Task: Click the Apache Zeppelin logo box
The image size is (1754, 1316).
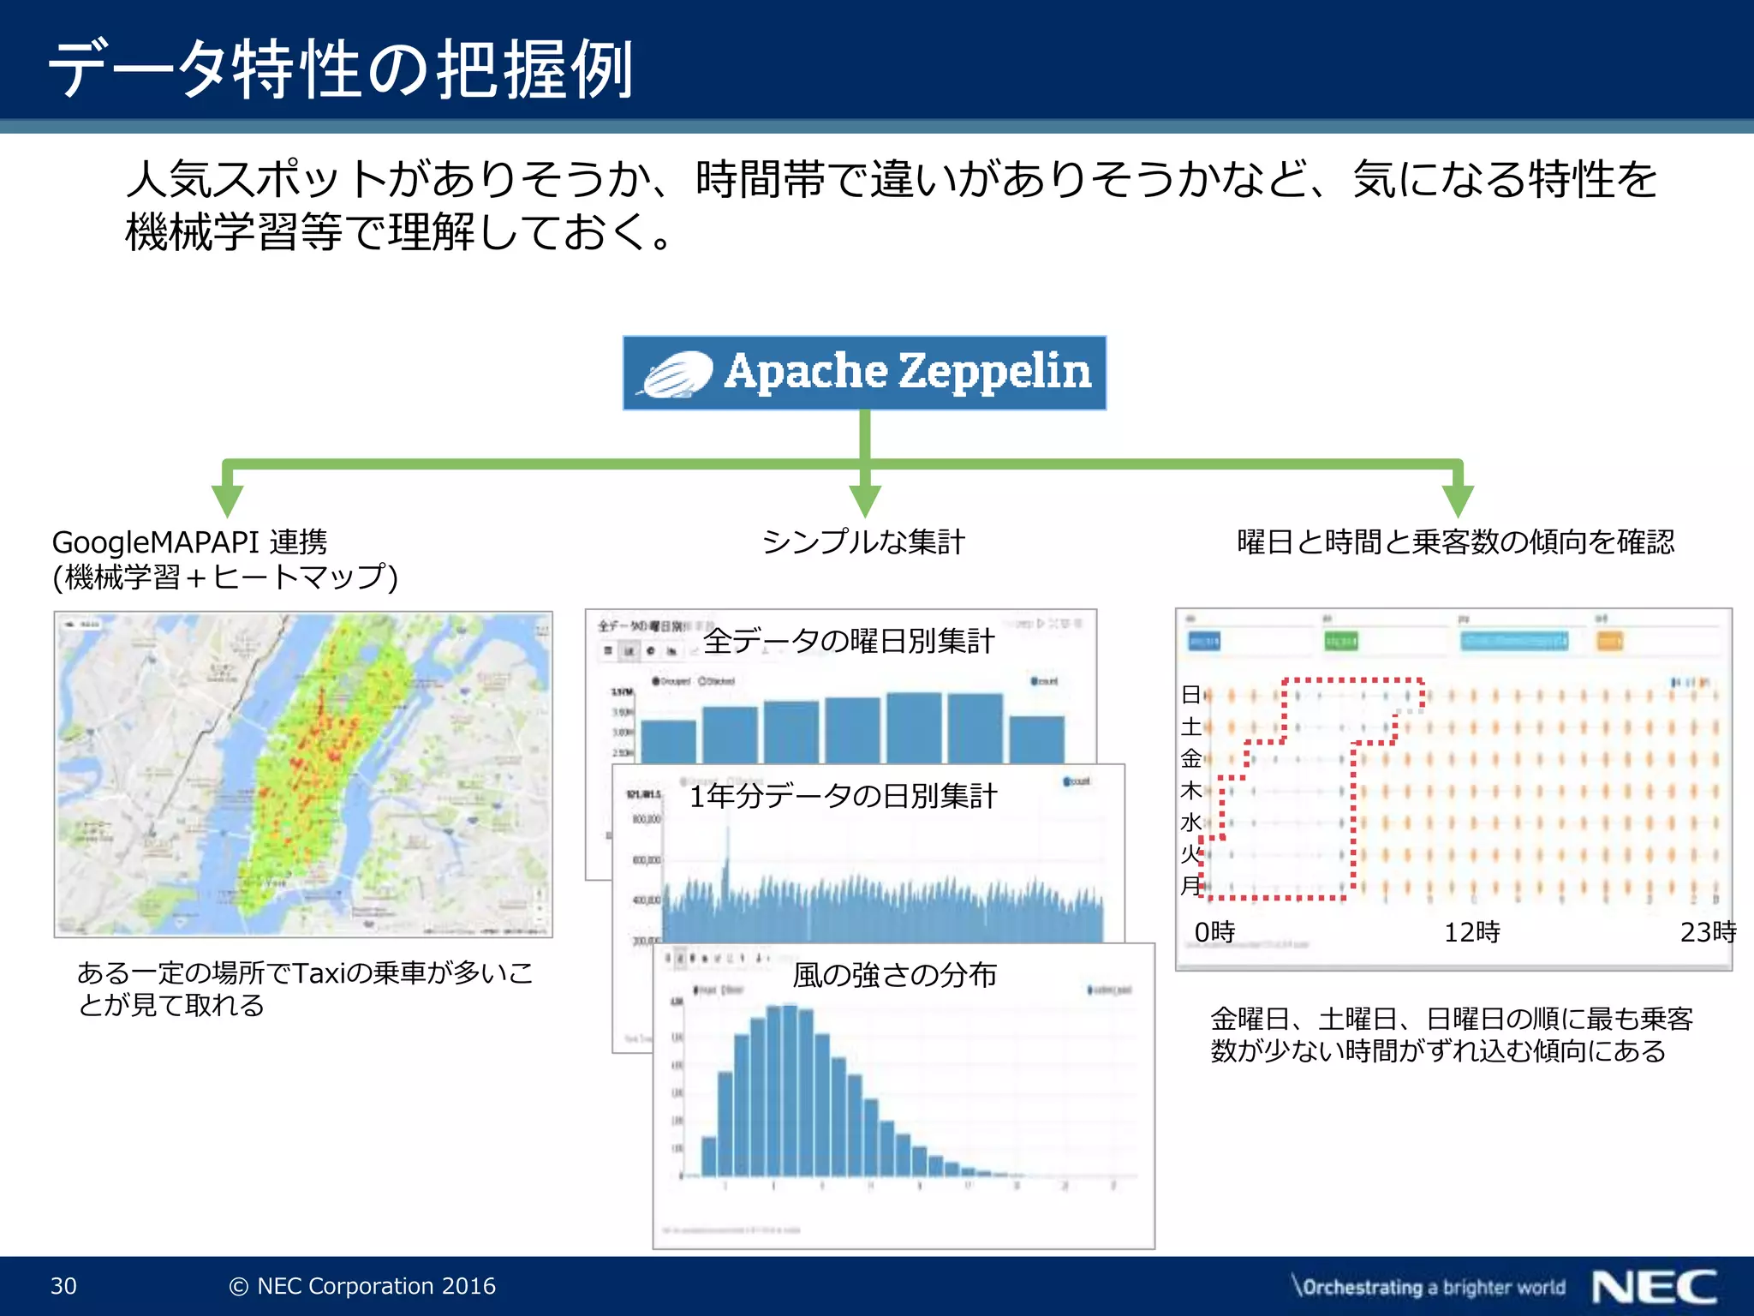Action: pos(864,373)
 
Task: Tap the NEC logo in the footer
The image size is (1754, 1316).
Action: pos(1654,1286)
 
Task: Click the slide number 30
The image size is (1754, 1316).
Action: pos(63,1286)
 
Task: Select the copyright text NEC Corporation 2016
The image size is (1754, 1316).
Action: pos(363,1286)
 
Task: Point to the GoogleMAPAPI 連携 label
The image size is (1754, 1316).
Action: pos(189,541)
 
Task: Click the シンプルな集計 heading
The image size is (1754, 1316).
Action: pos(863,541)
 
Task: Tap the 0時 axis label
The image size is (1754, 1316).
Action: pos(1214,931)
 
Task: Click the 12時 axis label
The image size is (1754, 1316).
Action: pos(1471,931)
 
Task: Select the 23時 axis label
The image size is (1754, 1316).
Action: pos(1707,931)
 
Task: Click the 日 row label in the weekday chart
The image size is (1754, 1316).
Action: pos(1190,694)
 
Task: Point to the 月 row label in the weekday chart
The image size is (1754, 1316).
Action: pos(1190,885)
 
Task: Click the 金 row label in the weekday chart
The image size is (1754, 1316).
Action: pos(1190,758)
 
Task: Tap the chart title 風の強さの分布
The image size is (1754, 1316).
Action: pos(894,975)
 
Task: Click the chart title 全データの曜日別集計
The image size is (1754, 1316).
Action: pos(848,641)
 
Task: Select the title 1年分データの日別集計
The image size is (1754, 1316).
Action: pos(843,796)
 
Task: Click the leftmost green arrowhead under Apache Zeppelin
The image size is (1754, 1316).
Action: pos(227,499)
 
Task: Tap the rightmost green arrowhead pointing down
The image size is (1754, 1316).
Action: pos(1458,499)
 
